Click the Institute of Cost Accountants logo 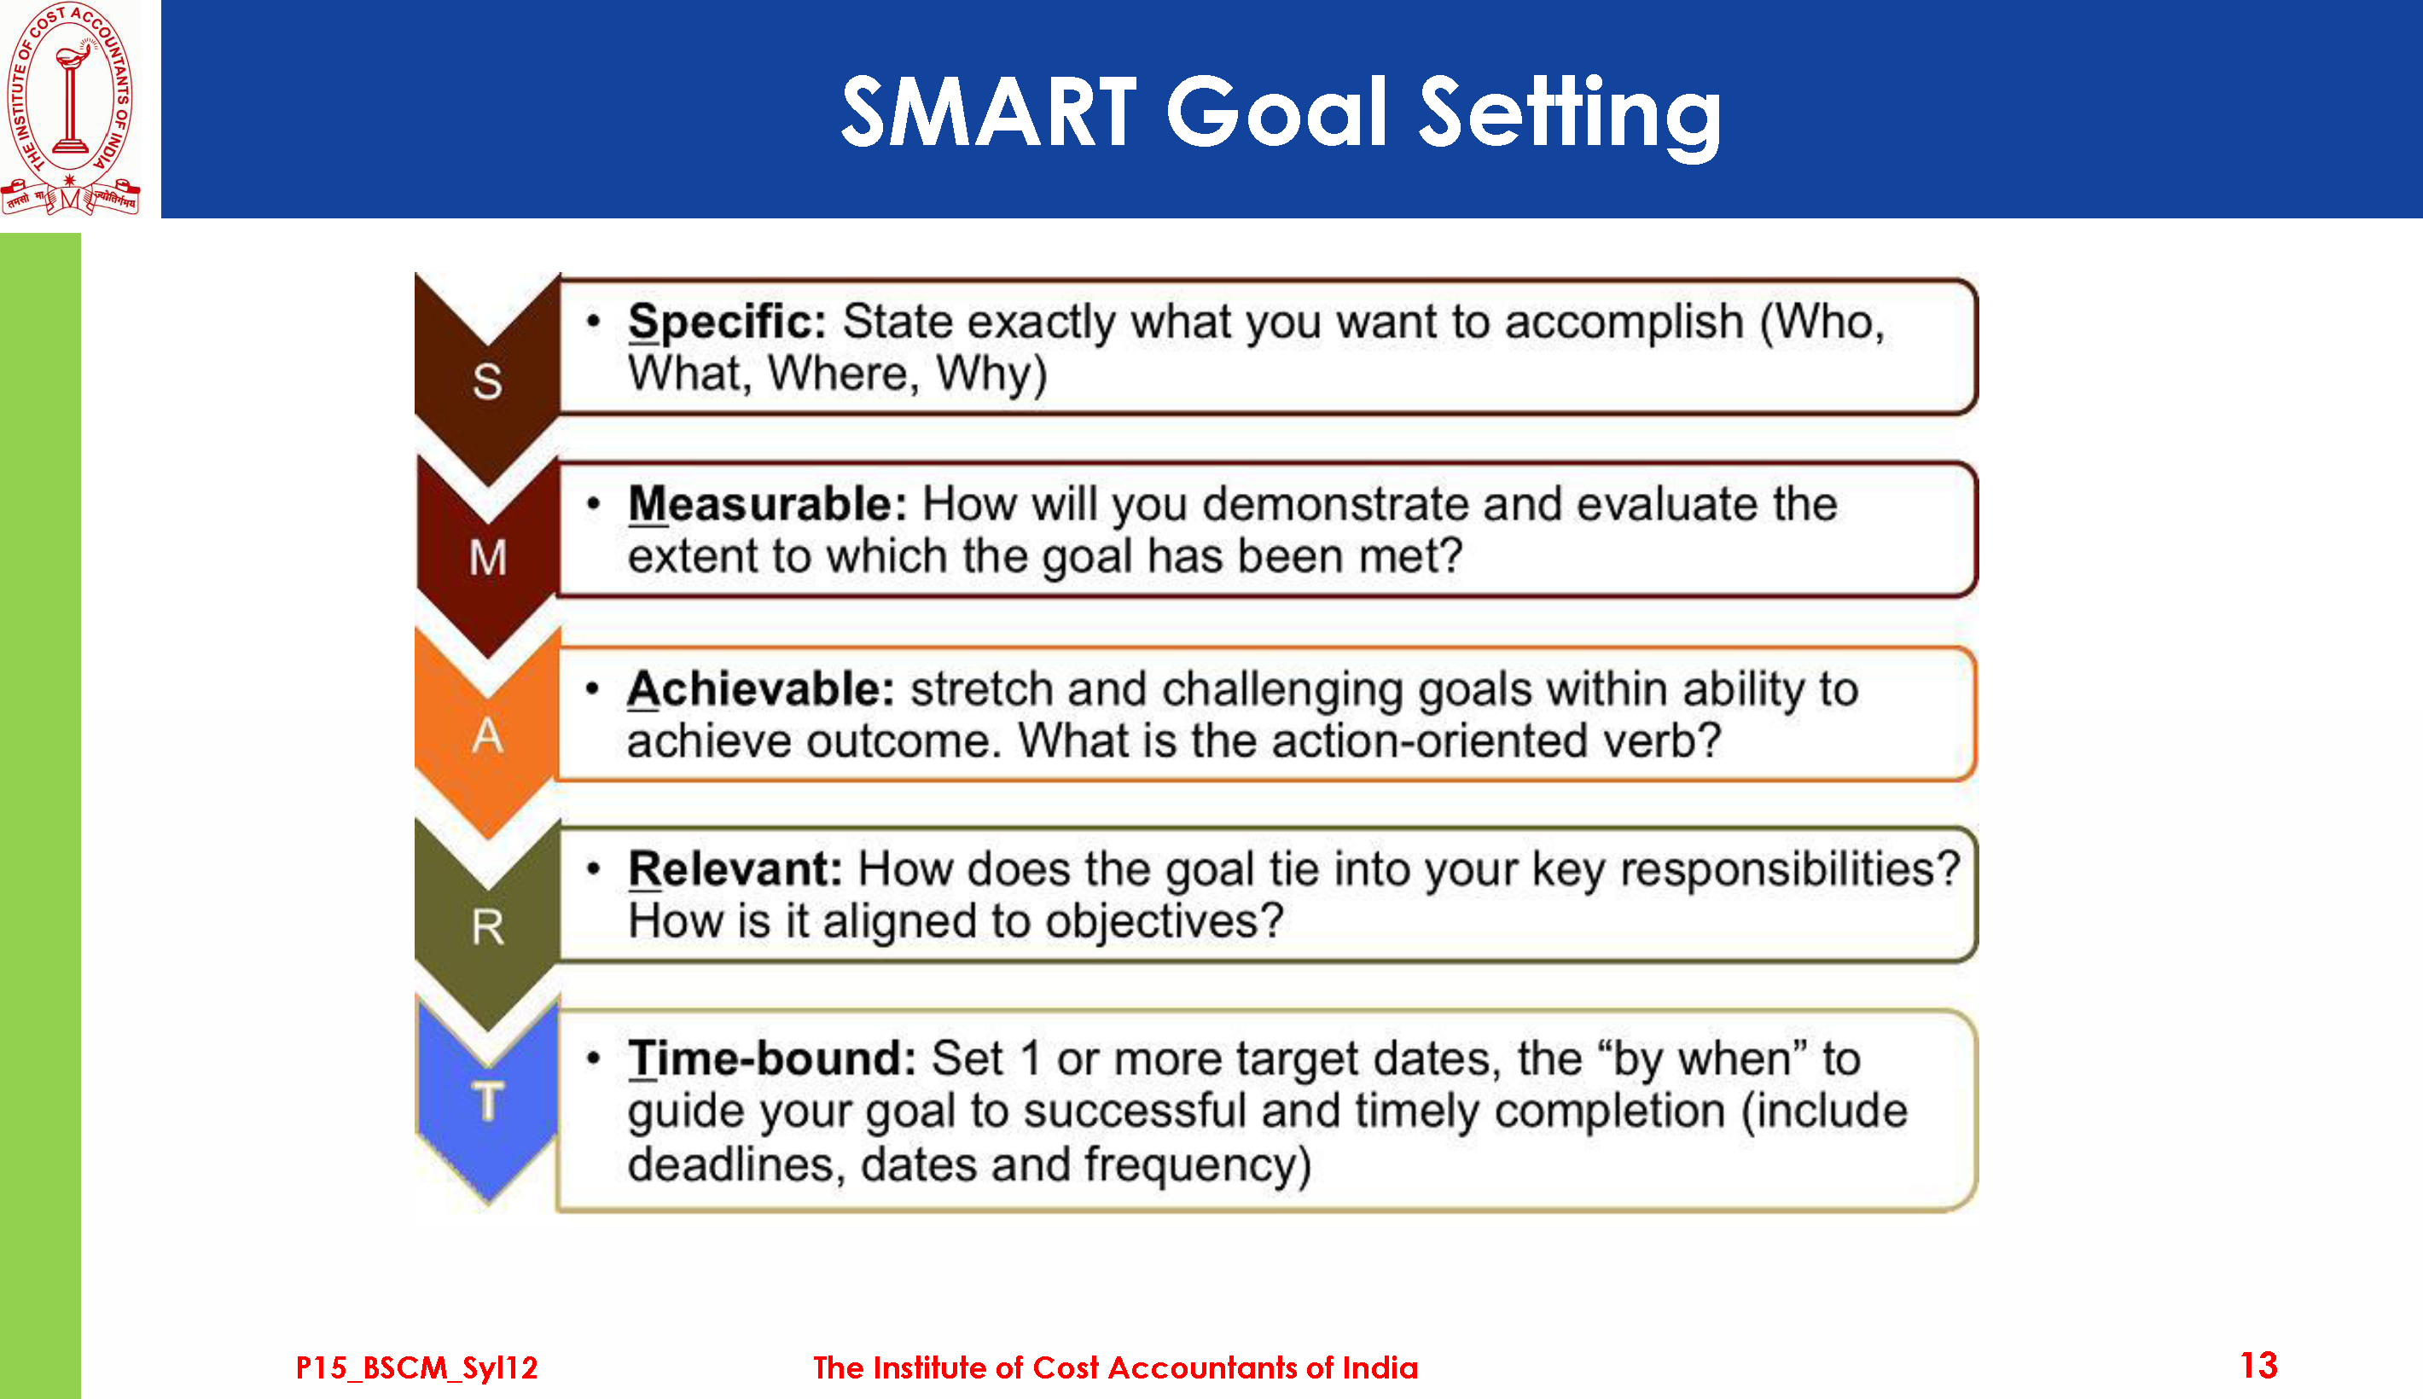(70, 107)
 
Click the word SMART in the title (989, 113)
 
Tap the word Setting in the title (1570, 115)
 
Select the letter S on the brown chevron (487, 381)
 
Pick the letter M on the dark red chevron (488, 557)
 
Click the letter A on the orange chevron (487, 736)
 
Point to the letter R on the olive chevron (487, 927)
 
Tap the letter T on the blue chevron (488, 1100)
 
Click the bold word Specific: (727, 322)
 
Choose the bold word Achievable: (761, 689)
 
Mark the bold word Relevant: (735, 868)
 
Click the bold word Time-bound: (772, 1058)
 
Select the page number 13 (2257, 1366)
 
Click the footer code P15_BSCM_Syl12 (417, 1367)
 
